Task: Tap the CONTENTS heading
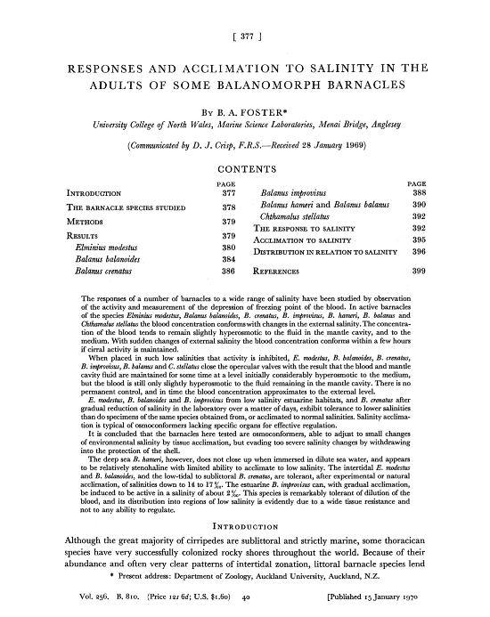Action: (x=244, y=169)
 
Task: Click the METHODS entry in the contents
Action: (x=88, y=220)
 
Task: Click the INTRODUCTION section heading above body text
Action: (x=244, y=525)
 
